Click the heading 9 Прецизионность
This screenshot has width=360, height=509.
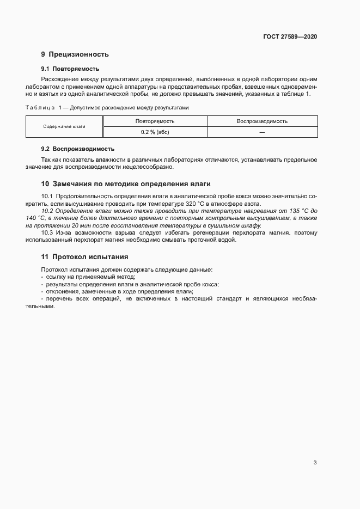[75, 54]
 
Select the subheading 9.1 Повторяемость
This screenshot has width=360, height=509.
[70, 69]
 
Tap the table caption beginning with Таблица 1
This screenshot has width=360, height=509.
[107, 108]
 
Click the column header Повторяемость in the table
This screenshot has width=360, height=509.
[155, 121]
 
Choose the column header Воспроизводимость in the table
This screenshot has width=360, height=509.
[262, 121]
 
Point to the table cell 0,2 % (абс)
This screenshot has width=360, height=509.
[155, 132]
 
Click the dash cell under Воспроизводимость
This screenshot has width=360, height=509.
[262, 132]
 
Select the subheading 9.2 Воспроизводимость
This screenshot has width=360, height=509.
[77, 149]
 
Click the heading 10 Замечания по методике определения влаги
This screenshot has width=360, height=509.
[126, 183]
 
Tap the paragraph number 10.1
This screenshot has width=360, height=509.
[47, 195]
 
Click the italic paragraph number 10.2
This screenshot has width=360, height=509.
[47, 210]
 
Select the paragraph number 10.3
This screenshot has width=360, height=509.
[47, 233]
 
